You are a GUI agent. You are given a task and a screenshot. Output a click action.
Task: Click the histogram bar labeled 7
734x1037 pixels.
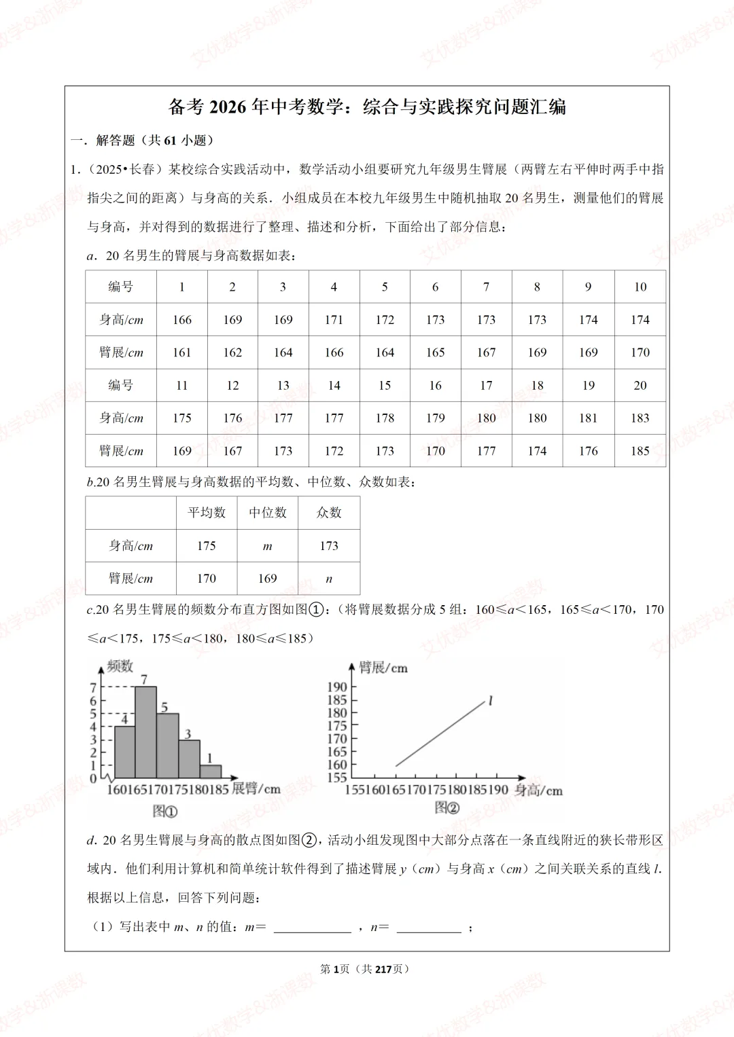(x=145, y=732)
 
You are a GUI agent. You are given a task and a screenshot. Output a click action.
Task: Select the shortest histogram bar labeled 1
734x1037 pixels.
(x=211, y=771)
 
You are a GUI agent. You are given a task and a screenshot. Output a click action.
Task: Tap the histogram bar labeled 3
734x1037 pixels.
(x=189, y=759)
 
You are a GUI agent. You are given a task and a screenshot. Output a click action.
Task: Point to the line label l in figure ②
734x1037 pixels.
(x=490, y=701)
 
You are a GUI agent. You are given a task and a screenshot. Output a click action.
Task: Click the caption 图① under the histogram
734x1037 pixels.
(x=164, y=811)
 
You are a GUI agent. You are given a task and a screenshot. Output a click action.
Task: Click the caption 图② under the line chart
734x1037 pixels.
(x=447, y=807)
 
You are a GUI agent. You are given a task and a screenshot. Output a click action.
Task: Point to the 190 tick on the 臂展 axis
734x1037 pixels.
(x=337, y=687)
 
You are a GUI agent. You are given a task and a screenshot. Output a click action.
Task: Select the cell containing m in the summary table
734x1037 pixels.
(x=267, y=546)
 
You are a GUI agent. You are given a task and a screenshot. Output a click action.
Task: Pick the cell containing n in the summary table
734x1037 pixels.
(x=329, y=579)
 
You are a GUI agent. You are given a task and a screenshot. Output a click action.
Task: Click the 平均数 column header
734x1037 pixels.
(x=206, y=513)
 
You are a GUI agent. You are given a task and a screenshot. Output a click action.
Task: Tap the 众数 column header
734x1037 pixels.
(x=329, y=513)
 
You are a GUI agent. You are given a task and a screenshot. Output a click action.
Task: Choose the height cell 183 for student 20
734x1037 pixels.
(x=640, y=418)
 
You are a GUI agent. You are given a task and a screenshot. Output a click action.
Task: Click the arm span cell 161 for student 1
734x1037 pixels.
(x=181, y=352)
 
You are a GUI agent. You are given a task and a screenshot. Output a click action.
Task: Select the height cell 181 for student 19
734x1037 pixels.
(x=588, y=418)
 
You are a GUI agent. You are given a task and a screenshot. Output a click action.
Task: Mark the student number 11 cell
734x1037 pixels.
(x=181, y=386)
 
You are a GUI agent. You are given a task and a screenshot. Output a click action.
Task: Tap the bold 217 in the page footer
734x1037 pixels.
(x=383, y=969)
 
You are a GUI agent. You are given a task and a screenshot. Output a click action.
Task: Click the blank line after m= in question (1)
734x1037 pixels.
(x=312, y=928)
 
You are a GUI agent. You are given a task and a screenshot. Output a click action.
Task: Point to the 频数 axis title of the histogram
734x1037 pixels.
(x=120, y=666)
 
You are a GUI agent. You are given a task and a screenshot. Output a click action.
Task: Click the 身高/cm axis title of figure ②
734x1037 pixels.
(x=538, y=790)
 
